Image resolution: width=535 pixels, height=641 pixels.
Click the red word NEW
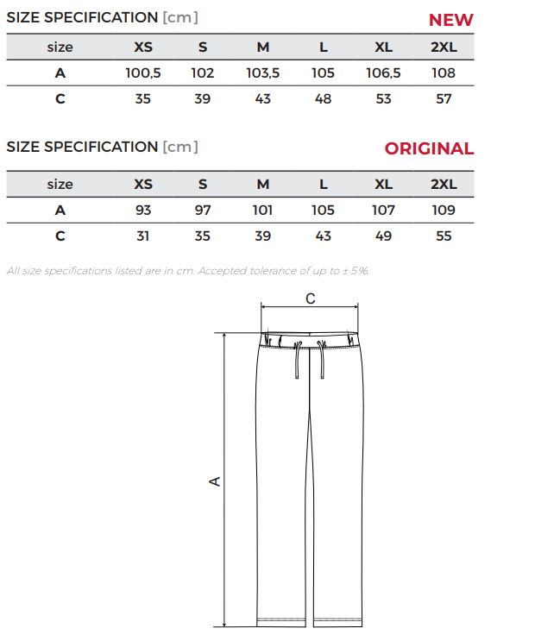pos(450,20)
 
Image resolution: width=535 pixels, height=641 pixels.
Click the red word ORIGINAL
pos(429,148)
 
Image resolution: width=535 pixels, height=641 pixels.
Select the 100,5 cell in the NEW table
pos(143,72)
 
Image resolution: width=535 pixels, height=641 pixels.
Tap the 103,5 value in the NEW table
pos(263,72)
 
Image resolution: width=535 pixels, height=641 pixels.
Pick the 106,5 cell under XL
pos(383,72)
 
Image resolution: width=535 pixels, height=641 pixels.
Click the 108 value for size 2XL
pos(444,72)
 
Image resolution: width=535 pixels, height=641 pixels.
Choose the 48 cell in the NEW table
pos(323,98)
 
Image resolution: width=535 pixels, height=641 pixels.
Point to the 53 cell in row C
pos(383,98)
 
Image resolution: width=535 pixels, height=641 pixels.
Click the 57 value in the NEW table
pos(444,98)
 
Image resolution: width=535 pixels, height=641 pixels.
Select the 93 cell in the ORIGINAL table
pos(143,211)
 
